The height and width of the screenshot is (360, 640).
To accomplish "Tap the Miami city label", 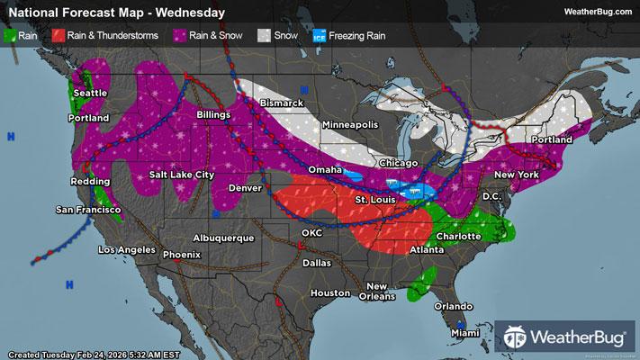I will [466, 334].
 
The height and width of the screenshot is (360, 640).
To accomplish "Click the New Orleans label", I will [376, 292].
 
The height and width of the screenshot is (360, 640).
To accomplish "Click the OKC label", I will [311, 232].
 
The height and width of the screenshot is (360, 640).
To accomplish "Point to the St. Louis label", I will [373, 199].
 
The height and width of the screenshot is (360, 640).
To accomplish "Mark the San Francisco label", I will [88, 209].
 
